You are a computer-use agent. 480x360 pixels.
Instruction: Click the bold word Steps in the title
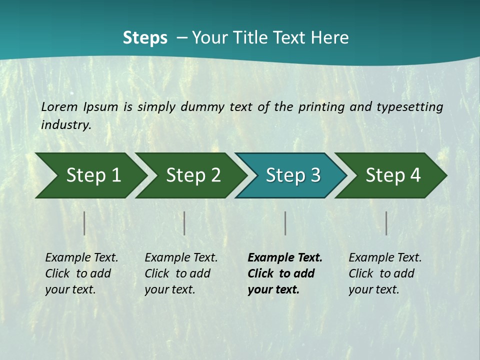coord(145,37)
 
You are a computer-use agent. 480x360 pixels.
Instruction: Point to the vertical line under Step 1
coord(84,223)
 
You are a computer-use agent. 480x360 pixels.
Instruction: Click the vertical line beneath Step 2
coord(184,223)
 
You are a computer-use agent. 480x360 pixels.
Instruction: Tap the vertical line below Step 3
coord(285,223)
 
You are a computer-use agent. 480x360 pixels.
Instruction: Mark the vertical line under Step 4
coord(386,223)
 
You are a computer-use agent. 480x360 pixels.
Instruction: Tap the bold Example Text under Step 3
coord(285,257)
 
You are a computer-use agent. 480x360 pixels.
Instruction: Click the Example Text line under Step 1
coord(81,257)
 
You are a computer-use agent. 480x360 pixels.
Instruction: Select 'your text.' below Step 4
coord(373,289)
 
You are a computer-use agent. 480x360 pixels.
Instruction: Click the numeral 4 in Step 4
coord(415,175)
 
